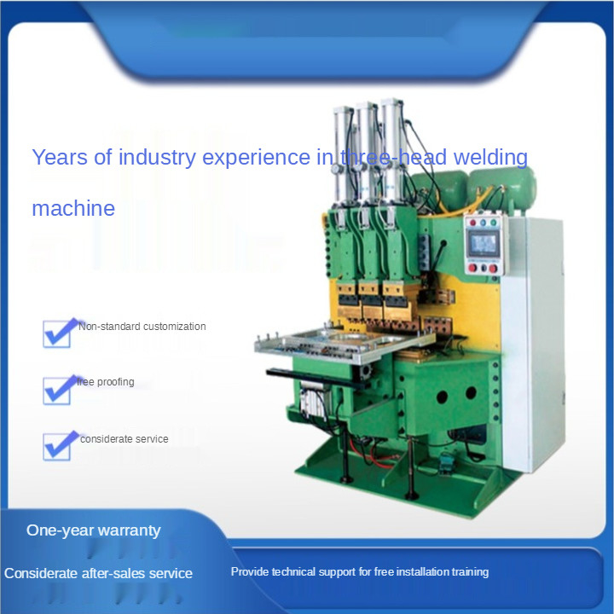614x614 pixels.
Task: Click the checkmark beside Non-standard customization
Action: pos(59,333)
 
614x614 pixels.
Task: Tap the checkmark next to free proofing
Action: pos(59,390)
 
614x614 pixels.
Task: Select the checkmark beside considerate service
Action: pos(59,446)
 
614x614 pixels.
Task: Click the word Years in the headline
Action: pos(60,157)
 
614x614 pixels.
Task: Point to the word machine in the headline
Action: pos(73,208)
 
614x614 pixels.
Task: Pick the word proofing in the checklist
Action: pos(115,382)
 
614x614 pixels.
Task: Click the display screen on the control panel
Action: pos(484,244)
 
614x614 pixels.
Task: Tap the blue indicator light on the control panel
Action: pos(483,223)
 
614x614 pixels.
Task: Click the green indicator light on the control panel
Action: pos(494,223)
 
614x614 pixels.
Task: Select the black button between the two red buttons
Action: pos(484,269)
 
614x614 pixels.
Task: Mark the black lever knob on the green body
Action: pos(444,243)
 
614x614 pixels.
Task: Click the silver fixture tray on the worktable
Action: pos(345,344)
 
